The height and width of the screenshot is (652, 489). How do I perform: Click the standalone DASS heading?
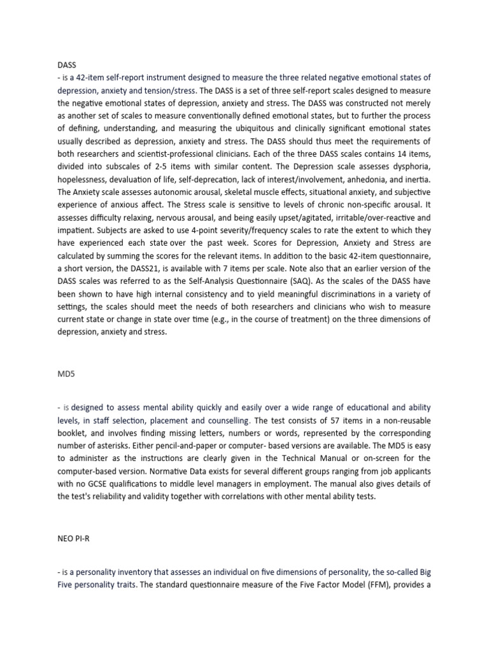[66, 65]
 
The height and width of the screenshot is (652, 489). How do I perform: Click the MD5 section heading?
[66, 374]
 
